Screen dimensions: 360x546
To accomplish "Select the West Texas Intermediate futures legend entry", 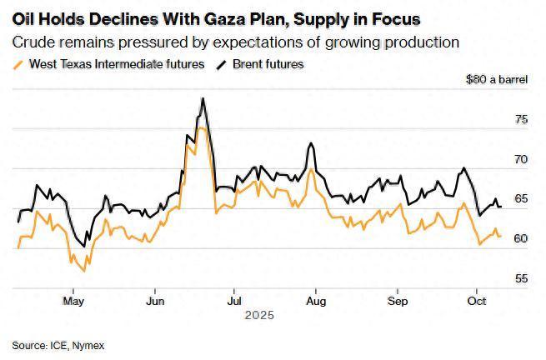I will pyautogui.click(x=116, y=63).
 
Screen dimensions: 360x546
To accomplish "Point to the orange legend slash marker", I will pyautogui.click(x=19, y=64).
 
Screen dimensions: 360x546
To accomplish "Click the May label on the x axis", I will pyautogui.click(x=74, y=300).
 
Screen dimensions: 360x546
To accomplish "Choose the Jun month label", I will pyautogui.click(x=155, y=300).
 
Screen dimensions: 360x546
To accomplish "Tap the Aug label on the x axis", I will pyautogui.click(x=314, y=300).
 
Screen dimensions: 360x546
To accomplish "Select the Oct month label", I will pyautogui.click(x=476, y=300).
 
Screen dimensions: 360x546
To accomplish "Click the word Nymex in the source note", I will pyautogui.click(x=89, y=345).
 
